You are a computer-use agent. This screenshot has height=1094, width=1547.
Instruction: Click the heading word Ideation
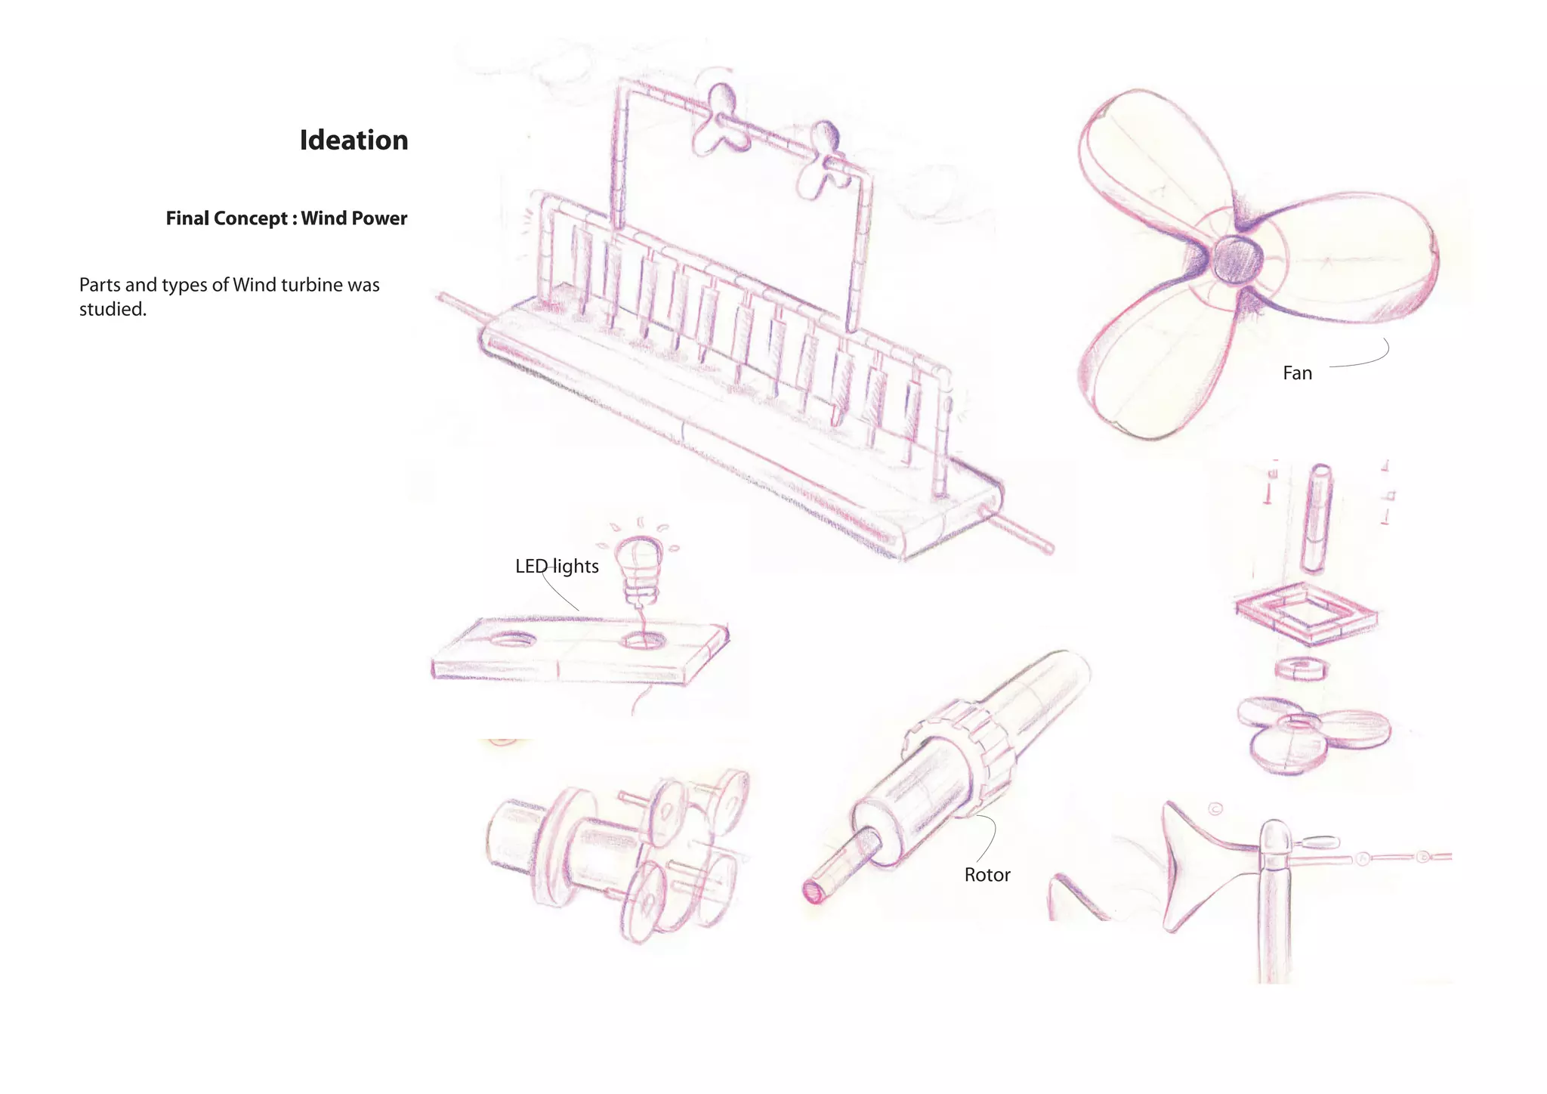(x=354, y=141)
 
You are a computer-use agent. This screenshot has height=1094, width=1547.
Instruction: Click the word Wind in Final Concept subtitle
(x=323, y=218)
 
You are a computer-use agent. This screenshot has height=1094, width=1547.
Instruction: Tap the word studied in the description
(x=112, y=310)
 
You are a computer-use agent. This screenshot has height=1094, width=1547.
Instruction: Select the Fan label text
(x=1297, y=373)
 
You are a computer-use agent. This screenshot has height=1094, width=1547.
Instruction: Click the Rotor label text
(x=987, y=875)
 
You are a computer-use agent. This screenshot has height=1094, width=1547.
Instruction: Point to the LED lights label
(x=557, y=567)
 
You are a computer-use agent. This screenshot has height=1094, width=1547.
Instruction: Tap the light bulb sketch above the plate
(x=639, y=559)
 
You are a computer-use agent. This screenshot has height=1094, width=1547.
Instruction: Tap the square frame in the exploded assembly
(x=1306, y=613)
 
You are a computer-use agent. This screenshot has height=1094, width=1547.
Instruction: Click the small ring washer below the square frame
(x=1300, y=668)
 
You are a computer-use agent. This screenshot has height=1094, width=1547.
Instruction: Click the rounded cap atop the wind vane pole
(x=1275, y=836)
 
